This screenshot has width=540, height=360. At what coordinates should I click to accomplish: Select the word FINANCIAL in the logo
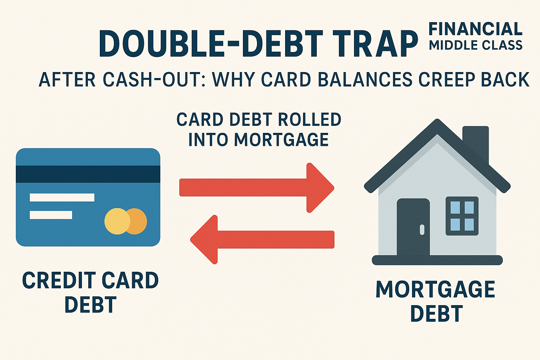pyautogui.click(x=475, y=29)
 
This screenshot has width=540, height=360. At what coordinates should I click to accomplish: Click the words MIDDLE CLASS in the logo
pyautogui.click(x=475, y=45)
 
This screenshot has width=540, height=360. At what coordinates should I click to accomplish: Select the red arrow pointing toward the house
pyautogui.click(x=257, y=188)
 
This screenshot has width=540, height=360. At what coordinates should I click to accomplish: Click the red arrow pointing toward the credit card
pyautogui.click(x=262, y=240)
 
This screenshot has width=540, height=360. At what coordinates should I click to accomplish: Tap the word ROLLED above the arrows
pyautogui.click(x=309, y=120)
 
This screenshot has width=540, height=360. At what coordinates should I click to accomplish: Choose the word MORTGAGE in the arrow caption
pyautogui.click(x=281, y=140)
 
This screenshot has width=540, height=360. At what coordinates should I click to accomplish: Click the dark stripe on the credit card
pyautogui.click(x=88, y=174)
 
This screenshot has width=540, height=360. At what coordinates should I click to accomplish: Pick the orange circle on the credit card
pyautogui.click(x=139, y=221)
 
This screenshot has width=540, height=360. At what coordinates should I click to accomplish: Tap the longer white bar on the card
pyautogui.click(x=62, y=197)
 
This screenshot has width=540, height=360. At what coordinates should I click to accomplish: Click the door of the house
pyautogui.click(x=413, y=227)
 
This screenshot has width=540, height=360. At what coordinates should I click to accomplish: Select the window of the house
pyautogui.click(x=462, y=216)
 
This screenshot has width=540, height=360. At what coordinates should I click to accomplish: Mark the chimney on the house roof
pyautogui.click(x=476, y=141)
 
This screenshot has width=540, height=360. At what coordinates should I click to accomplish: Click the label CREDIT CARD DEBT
pyautogui.click(x=90, y=292)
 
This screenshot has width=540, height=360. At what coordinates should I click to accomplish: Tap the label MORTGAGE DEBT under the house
pyautogui.click(x=436, y=301)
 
